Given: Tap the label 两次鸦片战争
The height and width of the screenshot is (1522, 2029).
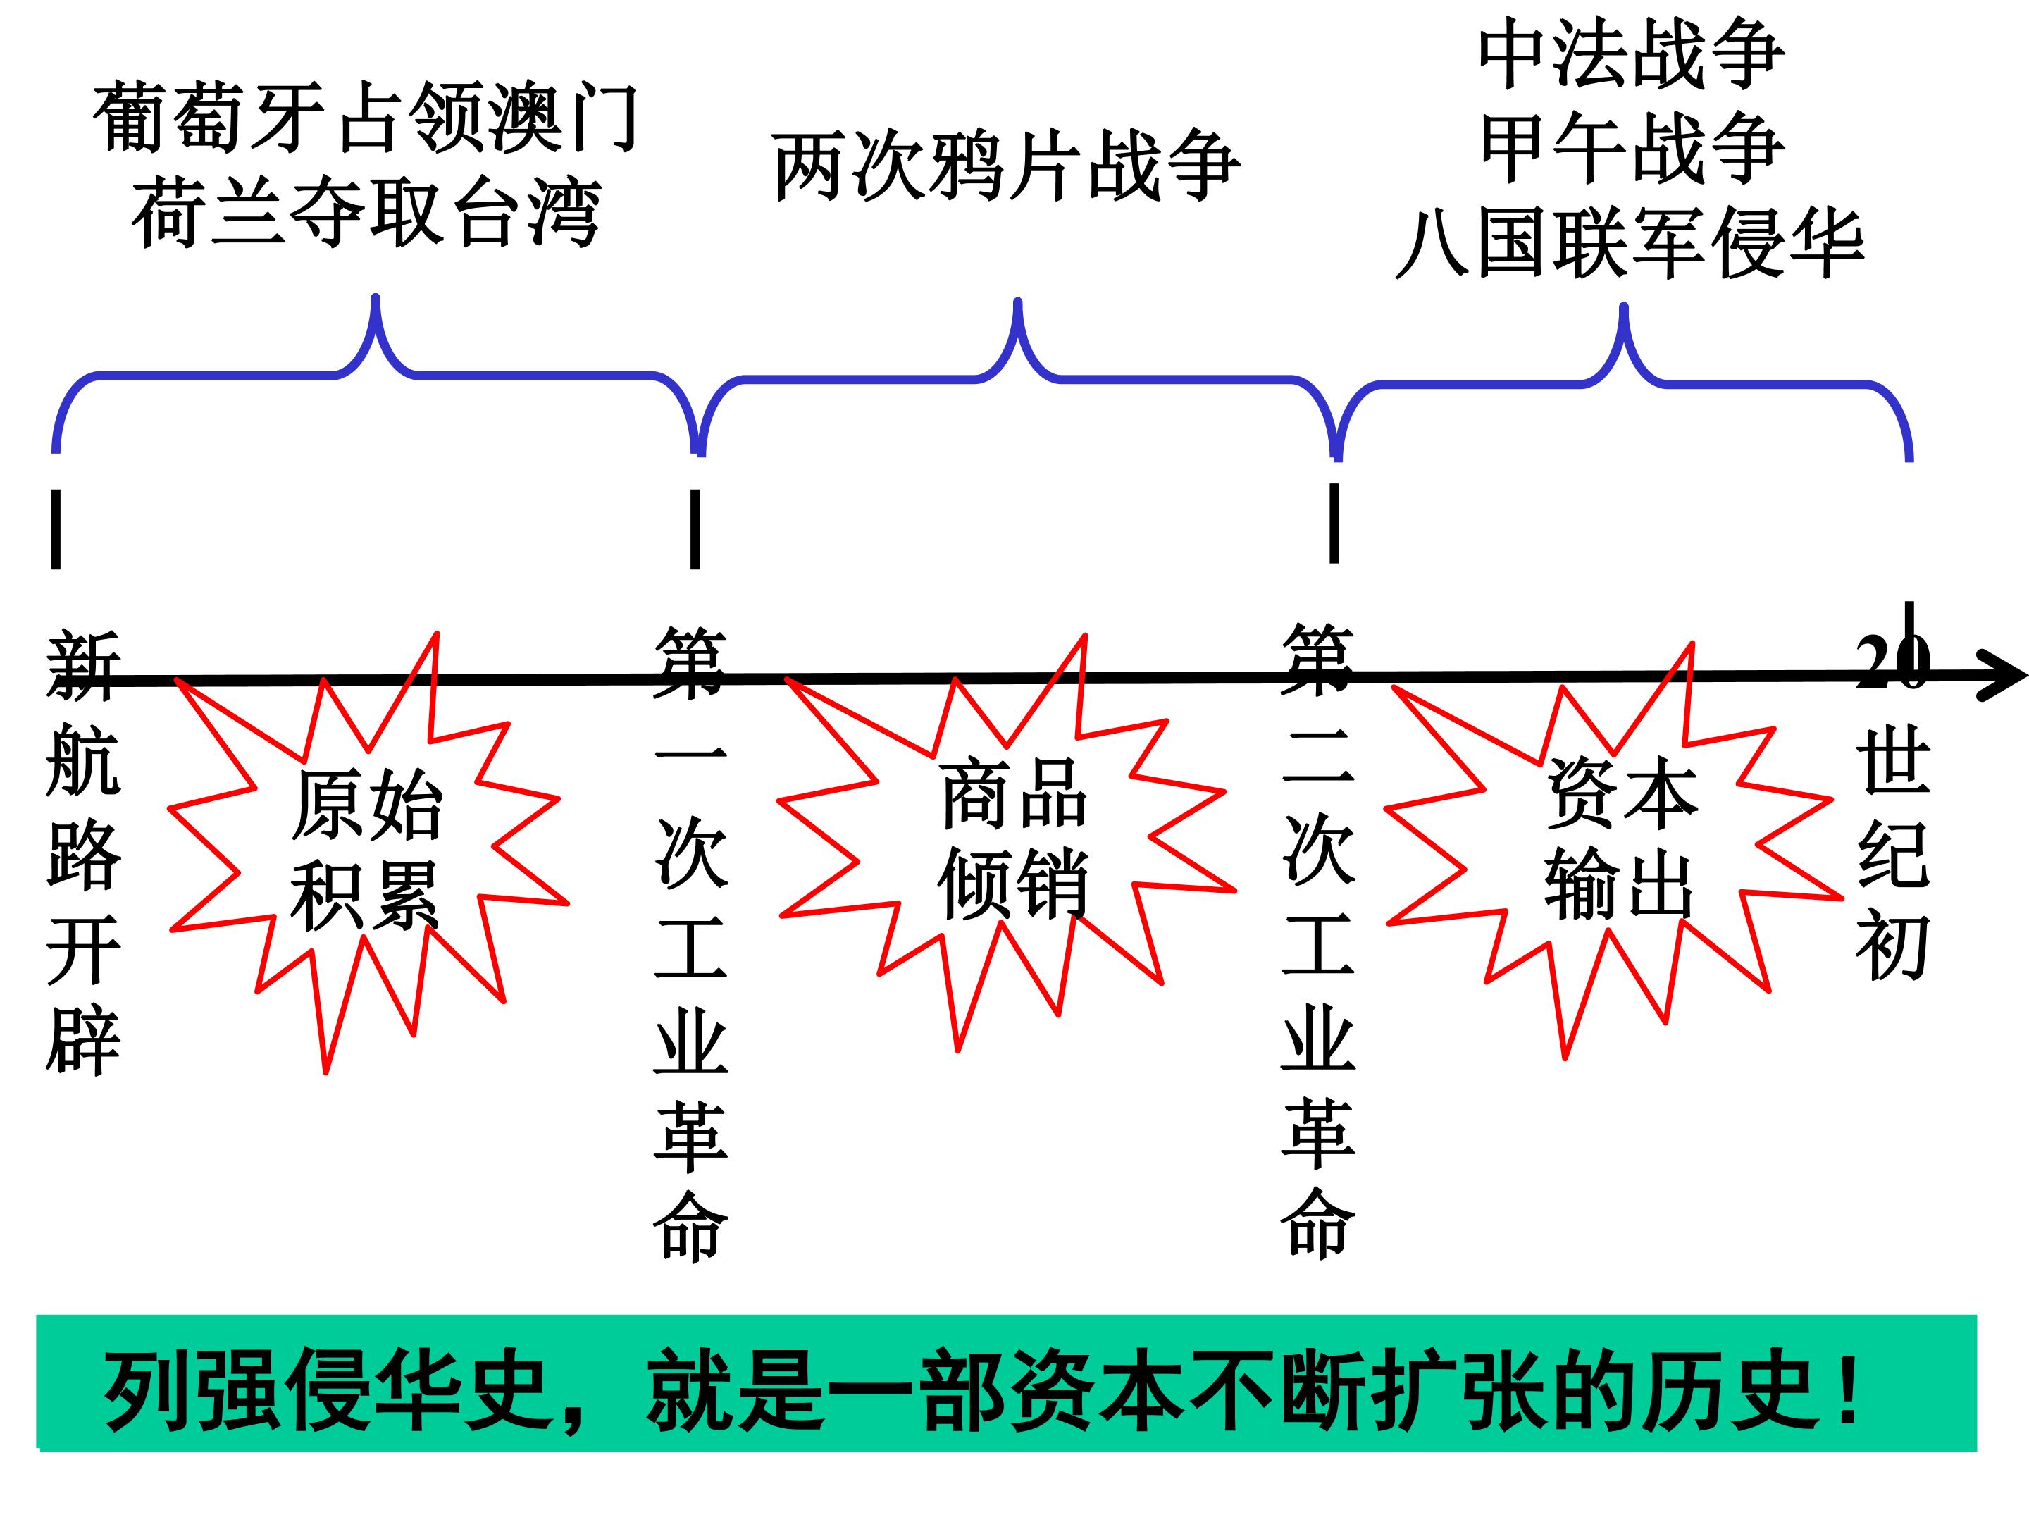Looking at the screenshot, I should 1006,167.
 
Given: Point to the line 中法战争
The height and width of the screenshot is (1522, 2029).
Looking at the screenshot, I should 1631,55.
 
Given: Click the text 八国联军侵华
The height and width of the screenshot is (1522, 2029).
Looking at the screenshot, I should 1629,242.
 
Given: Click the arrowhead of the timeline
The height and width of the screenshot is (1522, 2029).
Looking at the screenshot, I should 2004,677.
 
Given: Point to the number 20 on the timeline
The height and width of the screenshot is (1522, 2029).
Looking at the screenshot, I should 1892,660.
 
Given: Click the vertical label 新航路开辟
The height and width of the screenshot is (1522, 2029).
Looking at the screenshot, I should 82,853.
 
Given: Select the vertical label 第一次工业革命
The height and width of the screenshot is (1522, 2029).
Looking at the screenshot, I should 690,945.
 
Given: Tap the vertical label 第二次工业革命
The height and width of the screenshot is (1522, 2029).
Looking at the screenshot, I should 1318,941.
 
